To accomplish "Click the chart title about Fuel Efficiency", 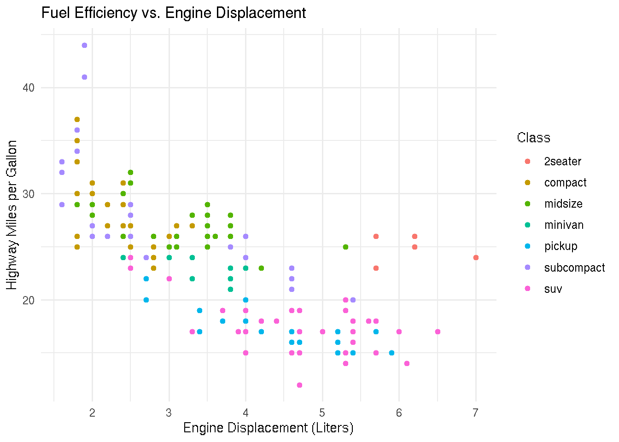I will tap(174, 13).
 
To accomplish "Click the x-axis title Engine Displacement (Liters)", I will tap(268, 428).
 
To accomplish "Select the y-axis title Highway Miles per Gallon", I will tap(12, 215).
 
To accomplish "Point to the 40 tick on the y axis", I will tap(29, 87).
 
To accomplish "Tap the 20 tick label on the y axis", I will tap(29, 300).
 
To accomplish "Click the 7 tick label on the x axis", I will tap(475, 413).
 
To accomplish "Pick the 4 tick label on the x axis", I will tap(245, 413).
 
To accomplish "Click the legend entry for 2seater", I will tap(562, 162).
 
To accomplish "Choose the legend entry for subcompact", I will tap(574, 268).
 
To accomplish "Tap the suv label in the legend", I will tap(553, 289).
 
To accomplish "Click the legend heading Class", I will tap(533, 138).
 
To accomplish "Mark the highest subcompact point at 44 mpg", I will tap(84, 45).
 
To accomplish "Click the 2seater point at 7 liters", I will tap(476, 257).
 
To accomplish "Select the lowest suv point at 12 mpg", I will tap(299, 385).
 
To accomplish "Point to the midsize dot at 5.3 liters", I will tap(345, 247).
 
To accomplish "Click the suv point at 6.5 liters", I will tap(438, 331).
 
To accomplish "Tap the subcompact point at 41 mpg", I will tap(84, 77).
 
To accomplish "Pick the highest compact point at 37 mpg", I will tap(77, 119).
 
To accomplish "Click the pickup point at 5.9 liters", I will tap(391, 353).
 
